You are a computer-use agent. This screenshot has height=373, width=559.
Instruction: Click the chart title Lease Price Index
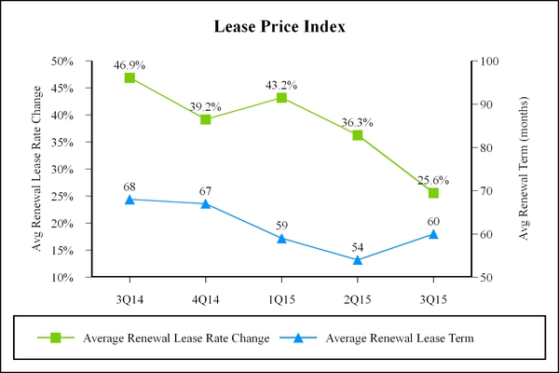[280, 26]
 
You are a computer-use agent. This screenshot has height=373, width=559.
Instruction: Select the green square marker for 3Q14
[130, 77]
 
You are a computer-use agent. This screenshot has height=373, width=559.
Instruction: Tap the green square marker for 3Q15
[433, 193]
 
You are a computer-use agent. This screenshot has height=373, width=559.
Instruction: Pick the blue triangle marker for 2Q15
[357, 260]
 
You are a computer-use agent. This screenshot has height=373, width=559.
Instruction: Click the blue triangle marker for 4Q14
[205, 203]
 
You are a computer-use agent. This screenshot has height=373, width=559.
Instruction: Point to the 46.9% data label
[130, 65]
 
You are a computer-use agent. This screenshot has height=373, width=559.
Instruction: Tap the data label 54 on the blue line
[357, 248]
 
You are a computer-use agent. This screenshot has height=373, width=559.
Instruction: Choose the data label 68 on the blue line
[130, 187]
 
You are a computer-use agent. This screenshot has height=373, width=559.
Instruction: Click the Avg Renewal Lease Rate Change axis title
[38, 169]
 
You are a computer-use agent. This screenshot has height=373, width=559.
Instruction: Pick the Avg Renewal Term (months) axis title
[524, 169]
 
